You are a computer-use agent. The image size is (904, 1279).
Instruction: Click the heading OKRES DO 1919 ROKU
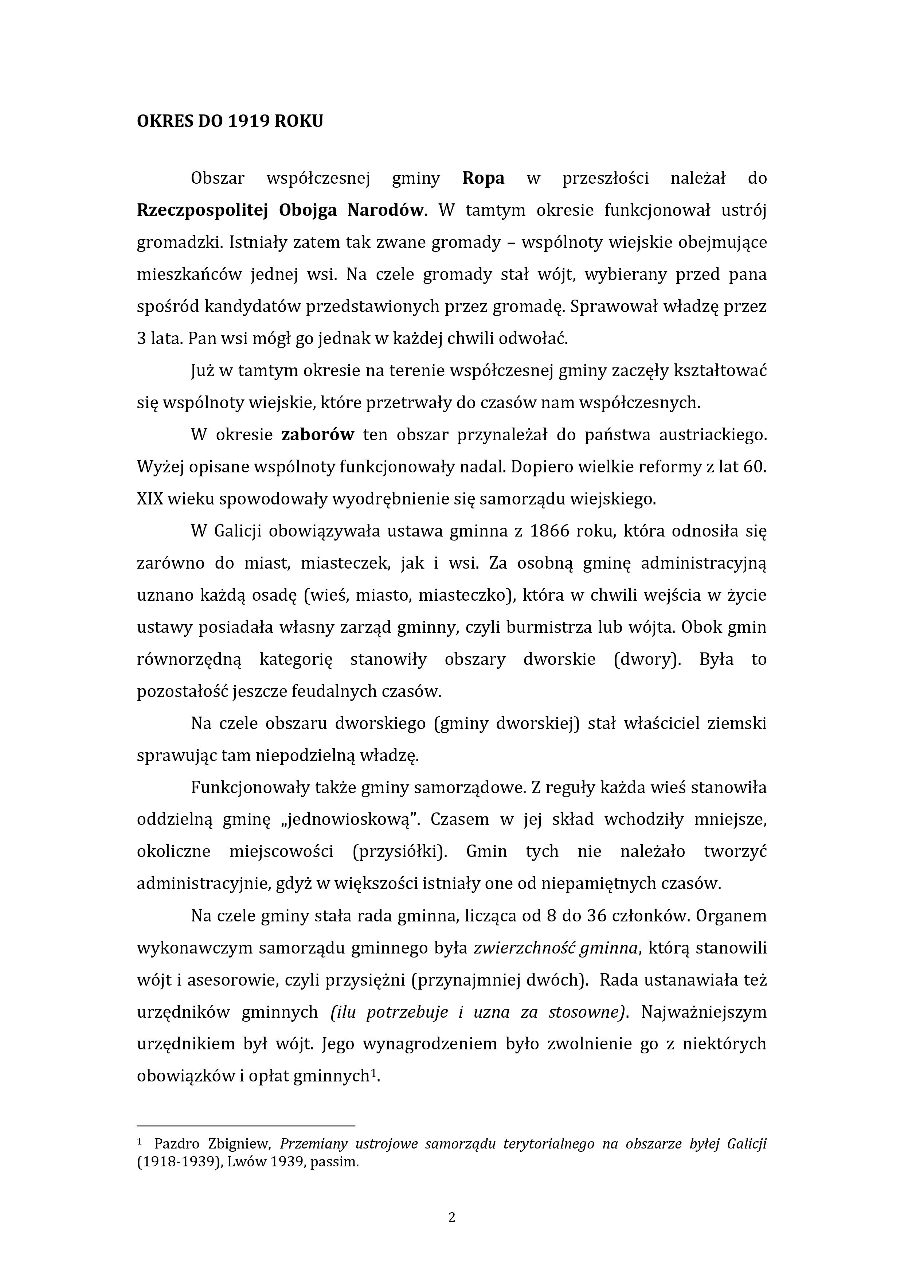[230, 121]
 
